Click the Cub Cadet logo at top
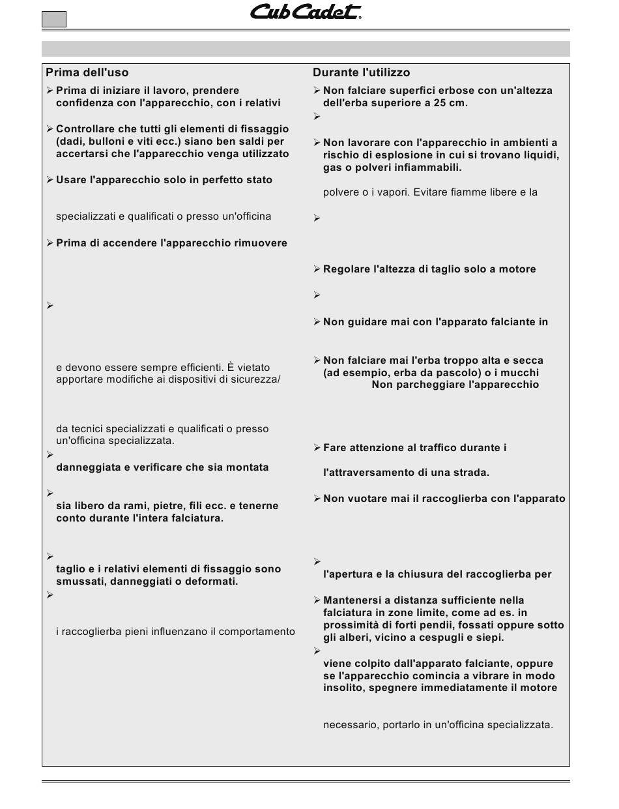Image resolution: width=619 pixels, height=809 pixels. click(306, 12)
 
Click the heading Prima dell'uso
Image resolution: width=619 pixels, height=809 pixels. click(87, 72)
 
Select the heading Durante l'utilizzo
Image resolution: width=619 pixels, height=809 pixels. click(361, 72)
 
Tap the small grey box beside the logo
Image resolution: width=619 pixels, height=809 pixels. click(54, 20)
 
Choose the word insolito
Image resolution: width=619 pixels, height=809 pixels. click(343, 688)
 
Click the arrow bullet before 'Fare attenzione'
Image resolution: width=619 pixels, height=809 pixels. click(317, 448)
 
